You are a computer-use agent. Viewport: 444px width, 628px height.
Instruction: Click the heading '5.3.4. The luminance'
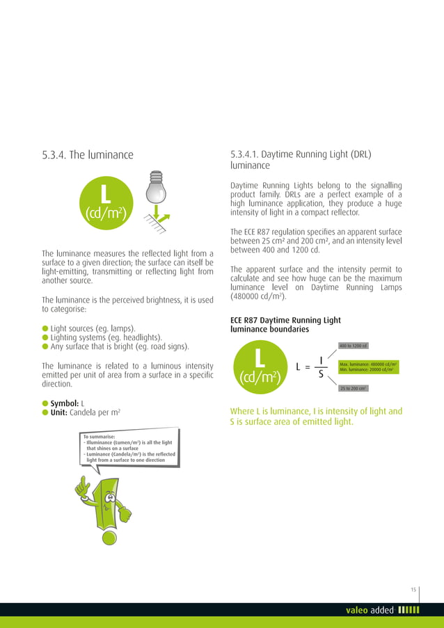coord(88,154)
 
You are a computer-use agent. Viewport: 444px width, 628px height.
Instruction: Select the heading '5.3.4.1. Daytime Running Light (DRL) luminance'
coord(301,160)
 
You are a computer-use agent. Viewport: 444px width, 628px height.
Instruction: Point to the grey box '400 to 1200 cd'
coord(354,346)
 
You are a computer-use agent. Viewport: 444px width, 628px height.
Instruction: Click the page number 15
coord(413,590)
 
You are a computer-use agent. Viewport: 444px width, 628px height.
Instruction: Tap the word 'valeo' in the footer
coord(357,611)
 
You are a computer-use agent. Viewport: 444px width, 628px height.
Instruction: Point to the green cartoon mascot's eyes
coord(111,495)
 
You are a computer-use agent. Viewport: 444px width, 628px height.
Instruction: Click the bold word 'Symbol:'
coord(64,403)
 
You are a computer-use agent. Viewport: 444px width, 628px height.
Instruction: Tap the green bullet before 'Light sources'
coord(45,327)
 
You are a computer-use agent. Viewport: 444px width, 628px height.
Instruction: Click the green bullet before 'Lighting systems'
coord(45,337)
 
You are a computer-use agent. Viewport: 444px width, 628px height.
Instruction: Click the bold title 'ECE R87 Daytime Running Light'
coord(285,320)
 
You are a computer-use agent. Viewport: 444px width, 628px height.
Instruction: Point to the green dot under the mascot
coord(107,538)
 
